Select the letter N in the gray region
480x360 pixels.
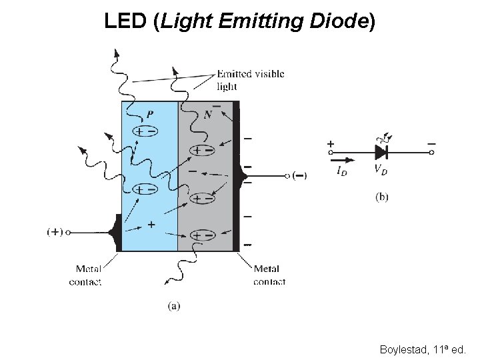[209, 114]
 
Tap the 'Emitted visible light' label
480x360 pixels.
[250, 79]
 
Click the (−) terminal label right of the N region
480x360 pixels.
[299, 176]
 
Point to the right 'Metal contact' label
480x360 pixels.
[269, 275]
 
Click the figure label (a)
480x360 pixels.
[173, 306]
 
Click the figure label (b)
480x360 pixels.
[382, 196]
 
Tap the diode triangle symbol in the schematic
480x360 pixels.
[382, 153]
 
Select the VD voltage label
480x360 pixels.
[381, 170]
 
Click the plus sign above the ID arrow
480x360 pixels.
[331, 143]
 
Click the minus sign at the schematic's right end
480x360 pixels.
[431, 143]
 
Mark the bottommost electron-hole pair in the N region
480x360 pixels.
[203, 235]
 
